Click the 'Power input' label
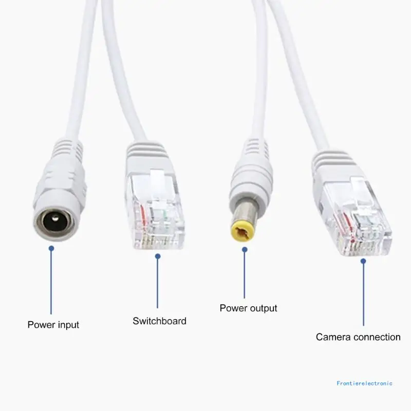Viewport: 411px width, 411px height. [53, 325]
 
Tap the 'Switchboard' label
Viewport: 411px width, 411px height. [159, 321]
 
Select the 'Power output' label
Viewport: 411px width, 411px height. [248, 308]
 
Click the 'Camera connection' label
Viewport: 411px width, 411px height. [358, 337]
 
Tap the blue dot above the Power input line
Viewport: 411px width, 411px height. [51, 248]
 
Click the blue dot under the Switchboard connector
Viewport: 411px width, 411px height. [158, 256]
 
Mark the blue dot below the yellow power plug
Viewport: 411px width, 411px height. [245, 250]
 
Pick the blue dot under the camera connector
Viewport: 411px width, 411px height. [363, 261]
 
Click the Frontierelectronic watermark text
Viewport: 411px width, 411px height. [364, 383]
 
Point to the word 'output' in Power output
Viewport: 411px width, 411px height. [263, 308]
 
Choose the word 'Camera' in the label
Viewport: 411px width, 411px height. [333, 337]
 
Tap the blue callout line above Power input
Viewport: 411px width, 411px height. [51, 283]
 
